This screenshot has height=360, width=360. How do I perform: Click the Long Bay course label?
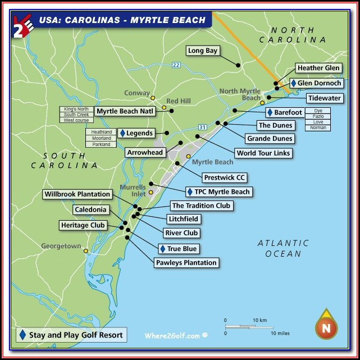(x=203, y=51)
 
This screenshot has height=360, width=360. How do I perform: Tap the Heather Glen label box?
(x=318, y=69)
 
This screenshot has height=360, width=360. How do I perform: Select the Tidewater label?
(x=324, y=98)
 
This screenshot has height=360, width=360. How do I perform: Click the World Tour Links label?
(x=263, y=153)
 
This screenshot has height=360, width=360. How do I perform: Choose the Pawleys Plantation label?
(x=185, y=262)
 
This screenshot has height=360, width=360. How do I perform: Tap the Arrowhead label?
(x=145, y=152)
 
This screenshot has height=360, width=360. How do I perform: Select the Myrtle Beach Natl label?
(x=125, y=111)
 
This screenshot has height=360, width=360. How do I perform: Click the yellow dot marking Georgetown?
(x=86, y=251)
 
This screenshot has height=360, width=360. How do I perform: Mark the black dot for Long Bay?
(x=238, y=65)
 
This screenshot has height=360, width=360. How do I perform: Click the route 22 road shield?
(x=176, y=65)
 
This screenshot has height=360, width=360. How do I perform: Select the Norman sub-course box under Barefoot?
(x=317, y=127)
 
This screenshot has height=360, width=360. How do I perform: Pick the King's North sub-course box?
(x=76, y=108)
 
